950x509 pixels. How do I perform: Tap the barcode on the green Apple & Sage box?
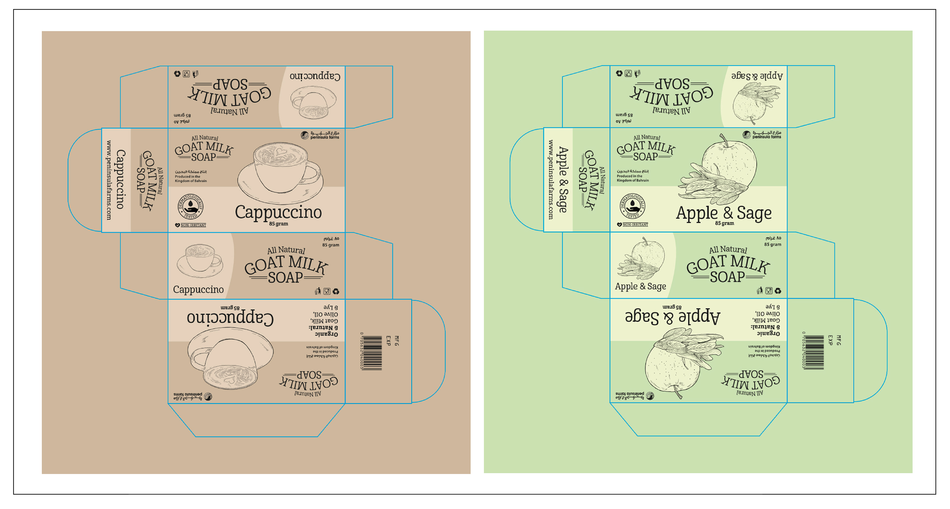814,352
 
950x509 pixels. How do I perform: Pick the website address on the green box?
551,180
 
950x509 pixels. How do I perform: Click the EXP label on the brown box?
388,341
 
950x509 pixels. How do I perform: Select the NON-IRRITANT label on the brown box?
193,225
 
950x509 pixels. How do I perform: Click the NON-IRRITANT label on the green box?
635,224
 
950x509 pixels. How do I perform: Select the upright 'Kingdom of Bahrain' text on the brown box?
191,181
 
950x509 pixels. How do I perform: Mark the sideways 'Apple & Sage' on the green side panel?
563,180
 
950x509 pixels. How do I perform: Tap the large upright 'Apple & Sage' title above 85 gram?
724,213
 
